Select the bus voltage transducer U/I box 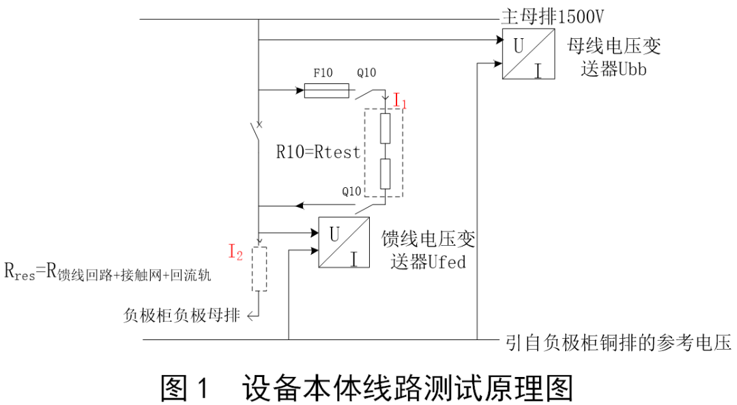tap(529, 55)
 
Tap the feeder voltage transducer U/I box tap(344, 243)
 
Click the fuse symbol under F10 tap(326, 91)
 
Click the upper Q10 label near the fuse tap(366, 72)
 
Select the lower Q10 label tap(351, 191)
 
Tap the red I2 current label tap(235, 253)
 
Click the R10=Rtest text tap(318, 151)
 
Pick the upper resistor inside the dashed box tap(386, 128)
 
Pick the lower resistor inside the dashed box tap(386, 173)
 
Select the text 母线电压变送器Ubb tap(614, 57)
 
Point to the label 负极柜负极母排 tap(182, 315)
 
